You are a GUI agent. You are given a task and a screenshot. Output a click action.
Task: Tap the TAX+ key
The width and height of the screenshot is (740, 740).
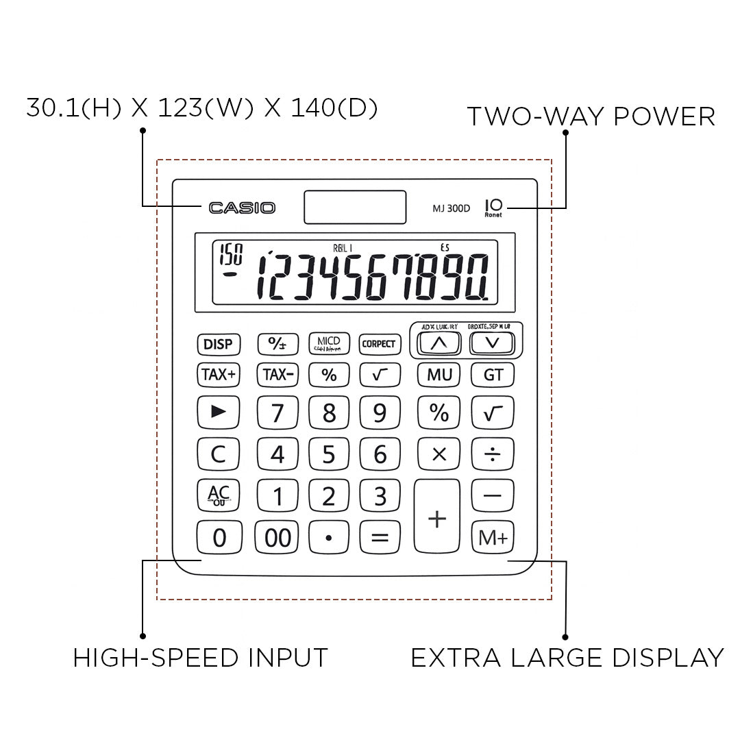(219, 375)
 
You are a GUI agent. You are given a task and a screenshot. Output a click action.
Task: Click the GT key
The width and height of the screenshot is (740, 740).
(493, 375)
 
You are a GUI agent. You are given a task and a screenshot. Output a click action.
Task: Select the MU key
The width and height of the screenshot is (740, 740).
(439, 375)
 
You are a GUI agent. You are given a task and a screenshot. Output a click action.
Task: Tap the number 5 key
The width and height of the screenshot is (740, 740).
(329, 454)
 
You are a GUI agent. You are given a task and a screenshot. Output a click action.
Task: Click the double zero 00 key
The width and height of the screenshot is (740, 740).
(277, 538)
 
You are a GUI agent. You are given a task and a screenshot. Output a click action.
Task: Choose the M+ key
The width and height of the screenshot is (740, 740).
(493, 538)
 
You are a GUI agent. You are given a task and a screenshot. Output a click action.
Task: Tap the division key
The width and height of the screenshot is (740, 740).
(493, 454)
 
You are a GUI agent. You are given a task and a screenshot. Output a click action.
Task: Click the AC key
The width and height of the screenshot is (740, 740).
(219, 495)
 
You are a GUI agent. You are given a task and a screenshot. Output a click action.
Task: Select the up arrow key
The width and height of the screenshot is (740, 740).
(439, 343)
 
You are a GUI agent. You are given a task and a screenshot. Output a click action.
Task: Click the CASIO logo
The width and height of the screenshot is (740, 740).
(242, 208)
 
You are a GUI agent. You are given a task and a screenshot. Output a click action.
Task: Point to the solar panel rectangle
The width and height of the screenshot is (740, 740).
(355, 207)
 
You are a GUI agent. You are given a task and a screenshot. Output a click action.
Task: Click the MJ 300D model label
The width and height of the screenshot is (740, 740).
(451, 209)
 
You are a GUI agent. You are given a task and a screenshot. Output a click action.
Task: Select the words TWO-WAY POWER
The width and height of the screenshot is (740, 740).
(591, 116)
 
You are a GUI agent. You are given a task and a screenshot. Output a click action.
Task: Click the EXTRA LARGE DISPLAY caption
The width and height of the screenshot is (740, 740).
(567, 658)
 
